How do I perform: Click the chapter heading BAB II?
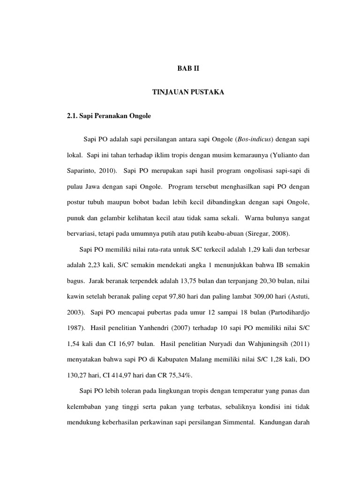pyautogui.click(x=188, y=68)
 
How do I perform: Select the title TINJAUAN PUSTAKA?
pyautogui.click(x=188, y=93)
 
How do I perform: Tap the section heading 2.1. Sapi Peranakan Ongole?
pyautogui.click(x=109, y=116)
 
